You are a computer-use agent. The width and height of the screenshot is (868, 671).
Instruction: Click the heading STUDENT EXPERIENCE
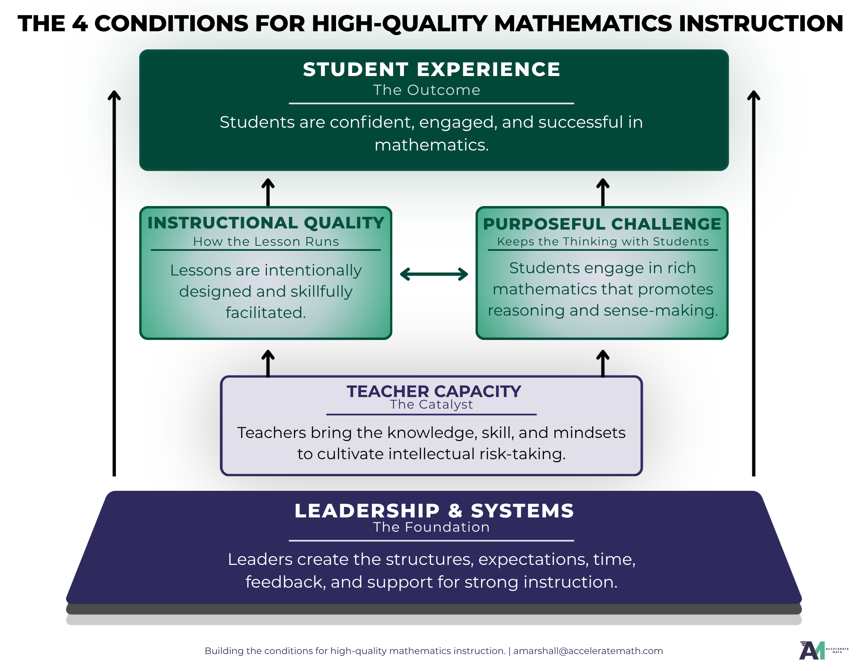click(432, 69)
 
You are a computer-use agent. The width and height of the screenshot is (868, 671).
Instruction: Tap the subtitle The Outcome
click(426, 90)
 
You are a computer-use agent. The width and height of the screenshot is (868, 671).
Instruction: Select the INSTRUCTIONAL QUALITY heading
click(266, 223)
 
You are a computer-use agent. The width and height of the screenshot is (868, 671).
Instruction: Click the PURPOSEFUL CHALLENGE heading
click(602, 224)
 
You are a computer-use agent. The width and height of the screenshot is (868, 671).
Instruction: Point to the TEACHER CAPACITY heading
click(434, 392)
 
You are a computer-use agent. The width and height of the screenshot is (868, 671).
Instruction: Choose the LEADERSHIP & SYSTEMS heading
click(434, 511)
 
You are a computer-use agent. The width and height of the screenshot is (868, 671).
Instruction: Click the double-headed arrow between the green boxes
click(434, 274)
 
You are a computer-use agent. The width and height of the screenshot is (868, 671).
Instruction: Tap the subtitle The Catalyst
click(431, 405)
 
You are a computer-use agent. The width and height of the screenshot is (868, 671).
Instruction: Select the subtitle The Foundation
click(431, 527)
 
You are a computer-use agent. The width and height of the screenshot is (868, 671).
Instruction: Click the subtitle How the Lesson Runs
click(266, 242)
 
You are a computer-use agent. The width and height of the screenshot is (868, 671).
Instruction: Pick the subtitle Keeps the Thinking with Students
click(603, 242)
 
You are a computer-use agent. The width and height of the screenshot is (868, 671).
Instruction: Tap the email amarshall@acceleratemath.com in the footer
click(588, 651)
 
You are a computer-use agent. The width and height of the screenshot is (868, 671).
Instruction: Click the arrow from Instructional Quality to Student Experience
click(268, 193)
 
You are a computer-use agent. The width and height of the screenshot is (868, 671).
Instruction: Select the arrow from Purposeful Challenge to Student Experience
click(603, 193)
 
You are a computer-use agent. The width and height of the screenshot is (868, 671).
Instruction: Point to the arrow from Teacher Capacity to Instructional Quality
click(268, 363)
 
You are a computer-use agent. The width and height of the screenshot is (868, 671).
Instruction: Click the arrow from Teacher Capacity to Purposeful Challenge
click(603, 363)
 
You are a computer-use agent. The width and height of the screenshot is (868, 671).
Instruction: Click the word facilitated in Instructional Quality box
click(265, 313)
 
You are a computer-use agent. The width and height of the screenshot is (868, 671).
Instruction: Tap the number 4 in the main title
click(80, 24)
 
